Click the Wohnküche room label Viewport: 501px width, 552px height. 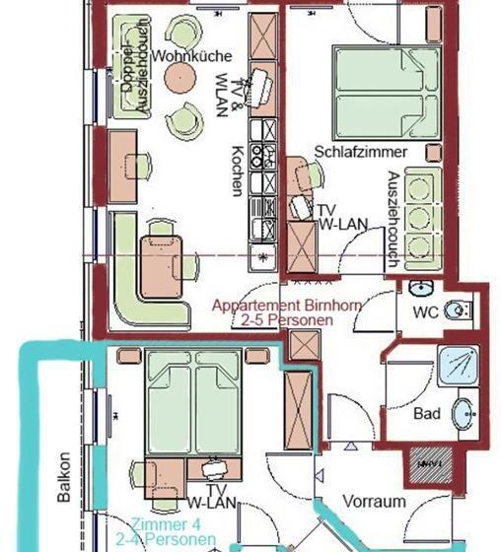(192, 56)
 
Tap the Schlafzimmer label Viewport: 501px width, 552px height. (360, 152)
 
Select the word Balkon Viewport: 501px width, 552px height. (64, 477)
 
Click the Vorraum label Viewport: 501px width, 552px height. (374, 501)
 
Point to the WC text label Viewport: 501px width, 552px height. (426, 311)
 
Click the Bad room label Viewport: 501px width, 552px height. (427, 413)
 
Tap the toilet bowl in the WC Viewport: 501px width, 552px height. (458, 310)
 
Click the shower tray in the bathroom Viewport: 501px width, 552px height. (458, 366)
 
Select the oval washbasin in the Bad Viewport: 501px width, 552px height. (465, 414)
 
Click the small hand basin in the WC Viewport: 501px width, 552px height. (421, 288)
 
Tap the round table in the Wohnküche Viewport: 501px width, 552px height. (180, 78)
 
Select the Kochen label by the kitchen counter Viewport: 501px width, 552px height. (238, 171)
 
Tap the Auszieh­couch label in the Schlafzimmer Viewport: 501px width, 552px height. (394, 219)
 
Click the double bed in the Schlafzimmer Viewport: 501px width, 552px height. (388, 93)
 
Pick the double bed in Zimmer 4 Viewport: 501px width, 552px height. (193, 401)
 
